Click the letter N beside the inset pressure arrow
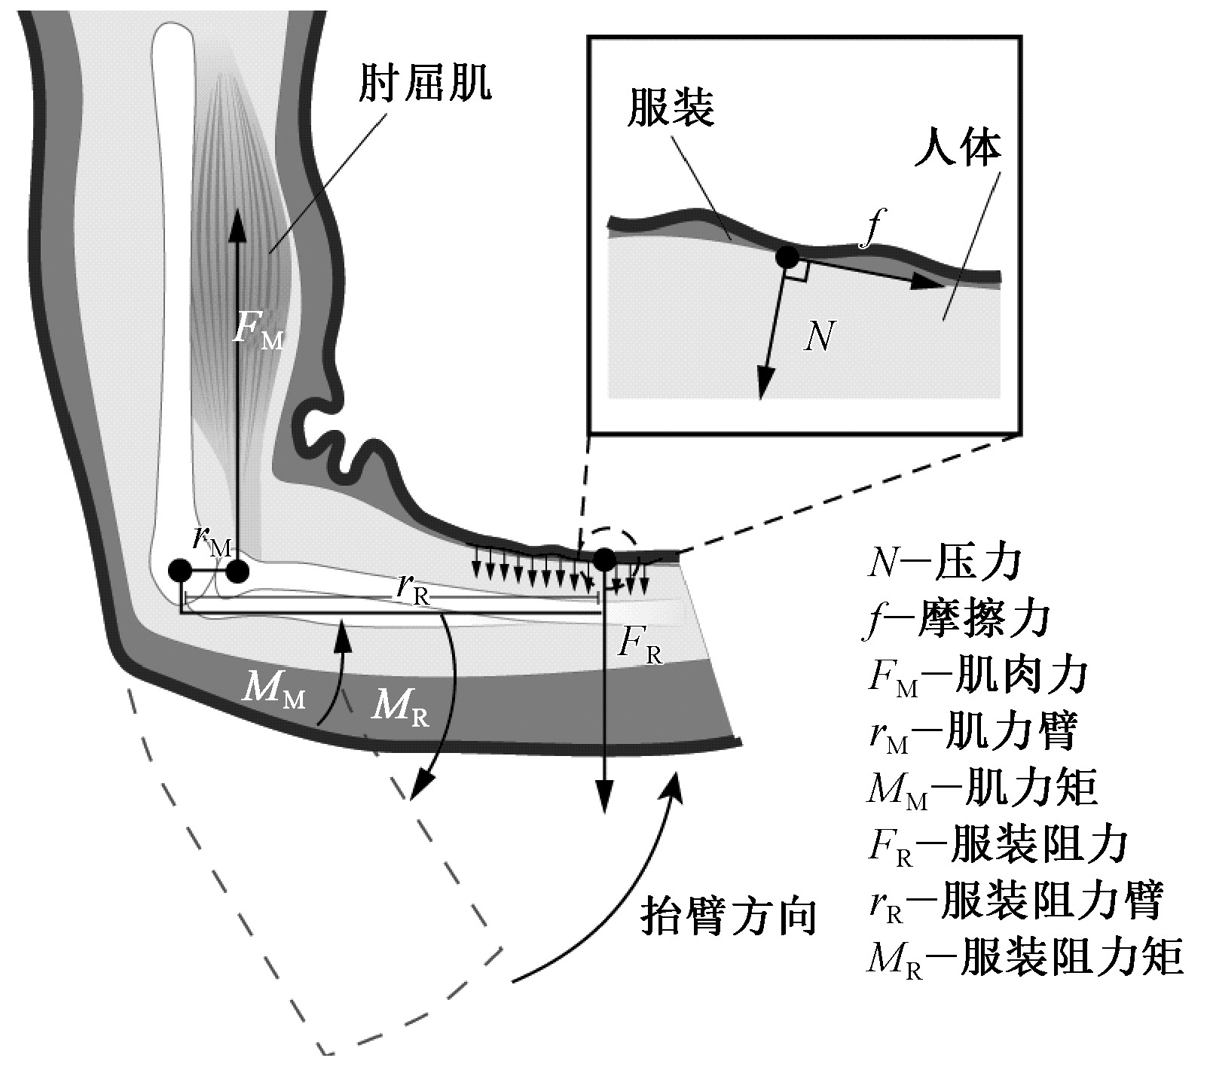coord(820,335)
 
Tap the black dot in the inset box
coord(787,258)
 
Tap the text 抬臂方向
coord(729,916)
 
